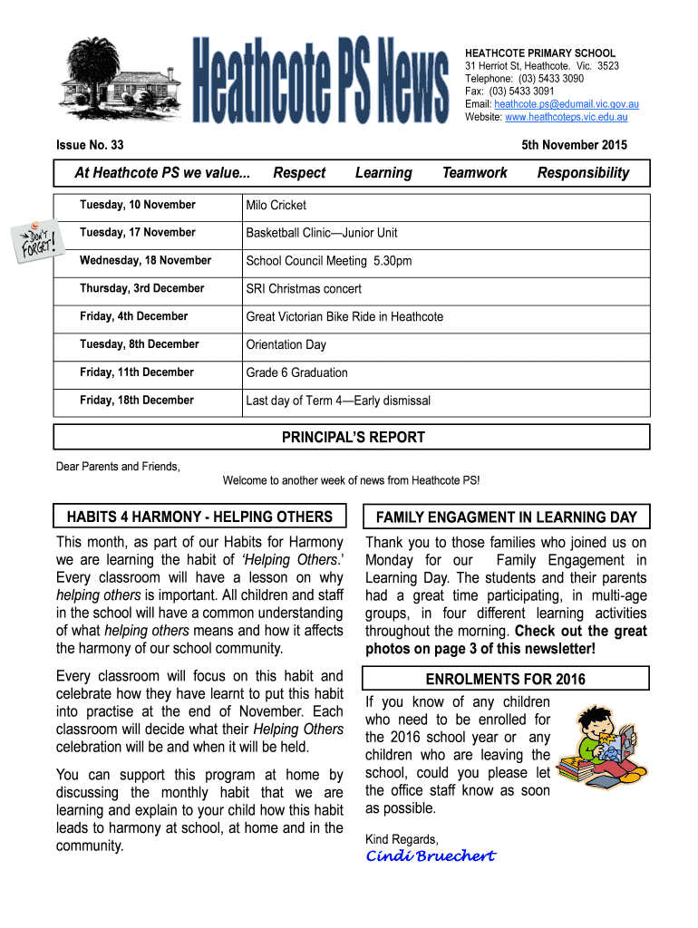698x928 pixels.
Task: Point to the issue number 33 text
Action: [90, 145]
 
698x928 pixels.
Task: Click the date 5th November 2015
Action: [574, 145]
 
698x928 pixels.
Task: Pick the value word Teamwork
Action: [474, 173]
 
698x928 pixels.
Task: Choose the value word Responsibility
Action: [583, 173]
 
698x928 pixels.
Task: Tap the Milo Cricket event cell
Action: [276, 205]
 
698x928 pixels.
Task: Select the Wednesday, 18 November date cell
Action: [145, 261]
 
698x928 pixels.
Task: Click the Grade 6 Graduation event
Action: [296, 372]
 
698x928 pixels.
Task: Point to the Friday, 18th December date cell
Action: [136, 401]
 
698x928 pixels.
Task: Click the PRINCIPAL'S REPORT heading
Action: [353, 438]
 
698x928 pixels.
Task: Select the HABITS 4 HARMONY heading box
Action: [200, 517]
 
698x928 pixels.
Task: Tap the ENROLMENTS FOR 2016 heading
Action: [505, 680]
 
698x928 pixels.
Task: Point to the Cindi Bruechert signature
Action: [430, 856]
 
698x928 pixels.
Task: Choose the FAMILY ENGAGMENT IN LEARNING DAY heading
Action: [506, 517]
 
